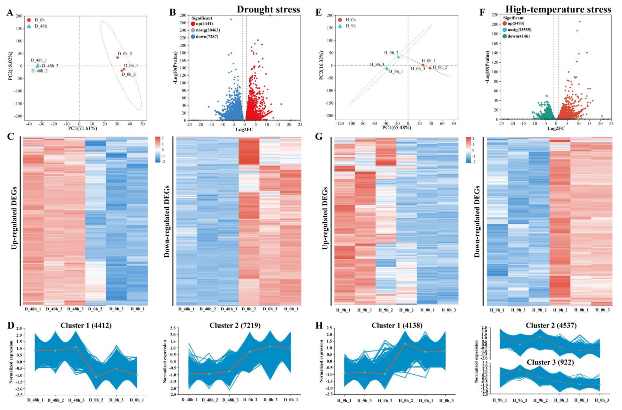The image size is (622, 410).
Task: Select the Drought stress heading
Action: pos(268,9)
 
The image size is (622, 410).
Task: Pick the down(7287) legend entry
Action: pos(204,37)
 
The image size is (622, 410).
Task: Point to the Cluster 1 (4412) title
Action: pos(86,326)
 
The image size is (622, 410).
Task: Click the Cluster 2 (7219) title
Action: pos(235,326)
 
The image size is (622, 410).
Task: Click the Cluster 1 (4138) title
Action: pos(397,326)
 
